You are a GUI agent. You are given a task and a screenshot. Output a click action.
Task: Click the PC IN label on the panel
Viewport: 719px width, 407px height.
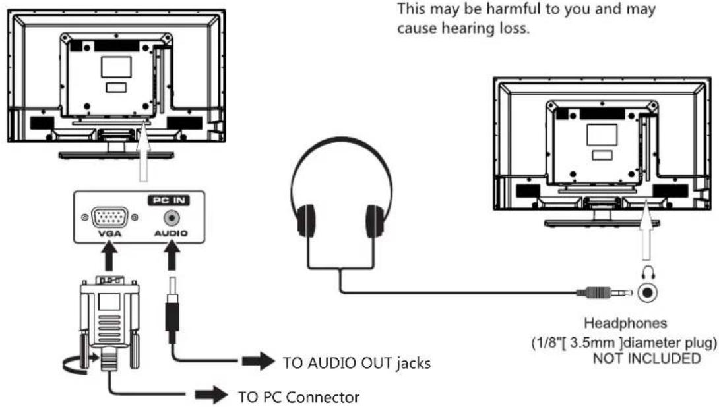(x=169, y=200)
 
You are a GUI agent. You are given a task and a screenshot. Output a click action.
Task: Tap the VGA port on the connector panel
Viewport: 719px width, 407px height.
(x=109, y=217)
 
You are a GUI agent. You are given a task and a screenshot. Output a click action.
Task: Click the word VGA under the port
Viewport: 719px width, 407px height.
(x=109, y=234)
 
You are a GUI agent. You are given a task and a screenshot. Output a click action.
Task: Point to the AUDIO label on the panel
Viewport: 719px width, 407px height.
(x=171, y=234)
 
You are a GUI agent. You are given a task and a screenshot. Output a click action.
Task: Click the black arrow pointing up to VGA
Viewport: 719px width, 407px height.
(x=109, y=257)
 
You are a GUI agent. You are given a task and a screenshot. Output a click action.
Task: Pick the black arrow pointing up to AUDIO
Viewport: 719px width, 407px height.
(x=172, y=257)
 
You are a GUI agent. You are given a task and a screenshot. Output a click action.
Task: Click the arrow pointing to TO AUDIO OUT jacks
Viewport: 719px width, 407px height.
(x=259, y=361)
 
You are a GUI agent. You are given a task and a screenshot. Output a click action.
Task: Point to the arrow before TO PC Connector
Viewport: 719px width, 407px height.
(x=211, y=394)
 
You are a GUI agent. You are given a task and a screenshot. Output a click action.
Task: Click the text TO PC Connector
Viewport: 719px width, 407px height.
(x=299, y=397)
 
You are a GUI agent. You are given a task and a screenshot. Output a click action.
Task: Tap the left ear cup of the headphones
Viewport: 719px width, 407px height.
(x=306, y=221)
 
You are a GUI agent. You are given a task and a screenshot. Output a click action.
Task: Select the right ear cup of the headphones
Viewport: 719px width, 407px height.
(x=375, y=221)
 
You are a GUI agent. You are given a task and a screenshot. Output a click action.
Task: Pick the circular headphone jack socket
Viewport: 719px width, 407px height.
(x=648, y=292)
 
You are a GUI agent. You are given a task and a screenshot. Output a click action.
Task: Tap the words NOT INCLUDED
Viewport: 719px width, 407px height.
(x=647, y=358)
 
